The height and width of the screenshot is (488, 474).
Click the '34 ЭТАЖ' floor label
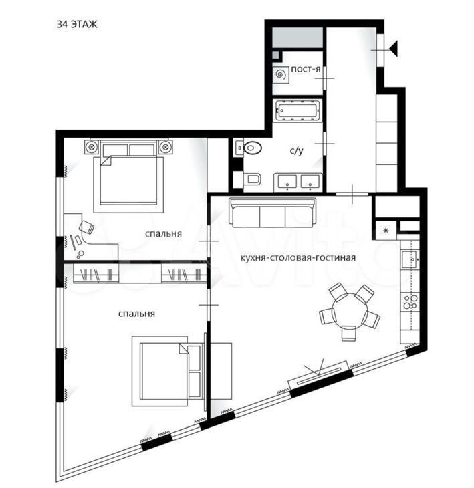pyautogui.click(x=77, y=24)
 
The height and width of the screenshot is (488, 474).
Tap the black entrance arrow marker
pyautogui.click(x=394, y=49)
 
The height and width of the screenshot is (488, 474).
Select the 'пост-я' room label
pyautogui.click(x=306, y=69)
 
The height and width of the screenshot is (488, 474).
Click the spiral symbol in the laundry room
pyautogui.click(x=281, y=74)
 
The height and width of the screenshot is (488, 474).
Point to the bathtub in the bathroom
pyautogui.click(x=298, y=110)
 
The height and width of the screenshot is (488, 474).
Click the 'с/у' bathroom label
pyautogui.click(x=296, y=150)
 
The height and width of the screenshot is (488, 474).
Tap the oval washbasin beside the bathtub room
pyautogui.click(x=253, y=148)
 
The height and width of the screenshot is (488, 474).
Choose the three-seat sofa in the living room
pyautogui.click(x=272, y=213)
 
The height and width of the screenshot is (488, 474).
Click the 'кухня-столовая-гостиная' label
pyautogui.click(x=298, y=257)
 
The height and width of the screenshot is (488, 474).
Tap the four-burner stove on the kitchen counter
pyautogui.click(x=410, y=302)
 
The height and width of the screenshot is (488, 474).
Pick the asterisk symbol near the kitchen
pyautogui.click(x=386, y=231)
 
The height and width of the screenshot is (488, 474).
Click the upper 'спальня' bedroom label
pyautogui.click(x=163, y=234)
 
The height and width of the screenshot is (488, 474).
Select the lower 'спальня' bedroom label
pyautogui.click(x=136, y=314)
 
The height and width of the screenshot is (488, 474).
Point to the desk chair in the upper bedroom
pyautogui.click(x=86, y=227)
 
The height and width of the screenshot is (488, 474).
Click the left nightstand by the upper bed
pyautogui.click(x=92, y=146)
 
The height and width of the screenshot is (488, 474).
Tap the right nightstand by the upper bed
pyautogui.click(x=166, y=146)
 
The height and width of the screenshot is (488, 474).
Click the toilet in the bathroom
pyautogui.click(x=253, y=179)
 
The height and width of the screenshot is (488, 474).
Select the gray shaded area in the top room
pyautogui.click(x=298, y=37)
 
